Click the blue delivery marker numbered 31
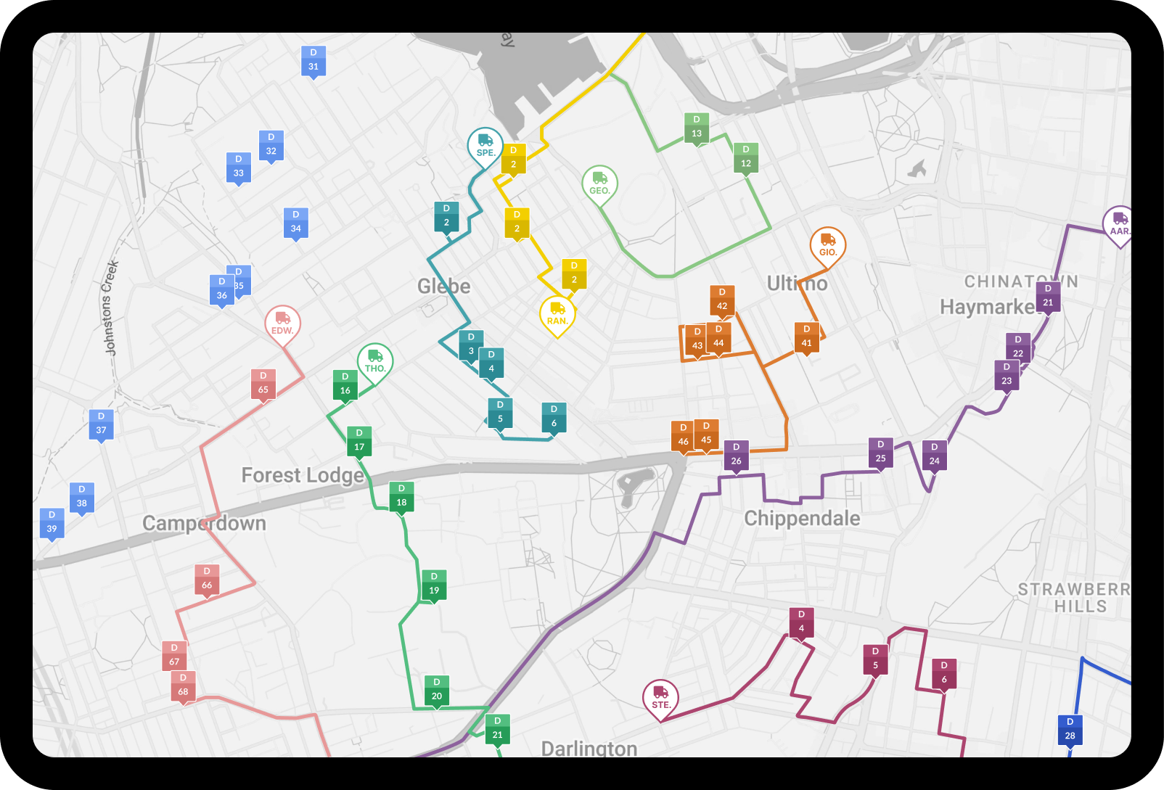313,60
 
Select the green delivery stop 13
697,127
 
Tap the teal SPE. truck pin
485,145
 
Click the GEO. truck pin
599,183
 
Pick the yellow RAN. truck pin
557,313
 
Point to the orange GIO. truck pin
828,244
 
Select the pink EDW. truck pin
282,323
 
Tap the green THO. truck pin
375,361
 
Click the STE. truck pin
660,697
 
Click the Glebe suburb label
443,286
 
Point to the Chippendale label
802,518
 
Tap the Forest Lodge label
303,475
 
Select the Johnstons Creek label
110,308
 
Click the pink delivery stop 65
263,384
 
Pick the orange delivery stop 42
722,300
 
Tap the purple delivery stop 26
736,455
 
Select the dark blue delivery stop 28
1070,729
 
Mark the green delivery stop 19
434,584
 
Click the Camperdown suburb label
204,523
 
